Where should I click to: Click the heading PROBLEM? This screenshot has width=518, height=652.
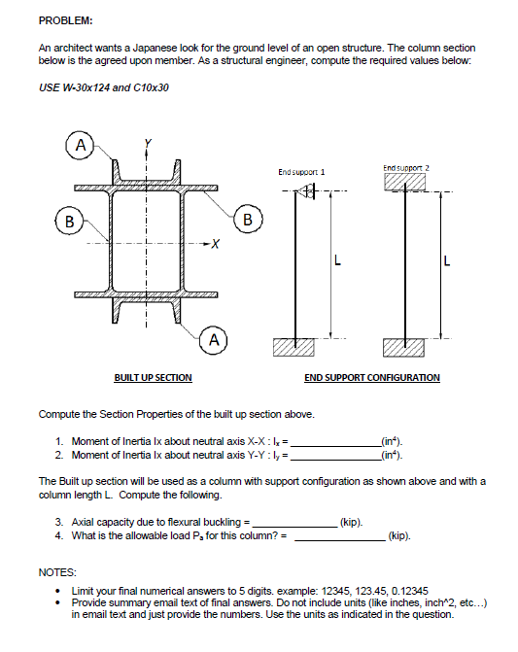(66, 20)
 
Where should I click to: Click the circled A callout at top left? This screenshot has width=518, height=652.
(81, 145)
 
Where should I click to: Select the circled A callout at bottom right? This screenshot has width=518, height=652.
(214, 340)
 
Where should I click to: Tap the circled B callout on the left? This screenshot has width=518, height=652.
(69, 222)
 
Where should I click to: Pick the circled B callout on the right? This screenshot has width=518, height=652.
(248, 220)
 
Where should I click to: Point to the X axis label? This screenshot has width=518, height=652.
(216, 243)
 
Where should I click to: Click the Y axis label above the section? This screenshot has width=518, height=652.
(148, 144)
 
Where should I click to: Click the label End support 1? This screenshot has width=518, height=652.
(301, 172)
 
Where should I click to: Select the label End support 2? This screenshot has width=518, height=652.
(406, 168)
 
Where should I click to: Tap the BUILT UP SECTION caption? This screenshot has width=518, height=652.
(153, 378)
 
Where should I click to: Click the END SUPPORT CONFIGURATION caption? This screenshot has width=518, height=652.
(372, 378)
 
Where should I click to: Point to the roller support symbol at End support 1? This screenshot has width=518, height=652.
(305, 191)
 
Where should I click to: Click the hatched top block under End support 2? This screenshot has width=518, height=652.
(404, 182)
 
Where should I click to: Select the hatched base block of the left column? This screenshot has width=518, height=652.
(294, 347)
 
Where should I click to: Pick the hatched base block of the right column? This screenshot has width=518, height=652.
(403, 348)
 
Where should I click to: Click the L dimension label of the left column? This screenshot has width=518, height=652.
(337, 261)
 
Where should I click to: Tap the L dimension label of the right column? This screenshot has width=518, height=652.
(447, 261)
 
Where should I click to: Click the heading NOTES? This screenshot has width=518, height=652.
(57, 572)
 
